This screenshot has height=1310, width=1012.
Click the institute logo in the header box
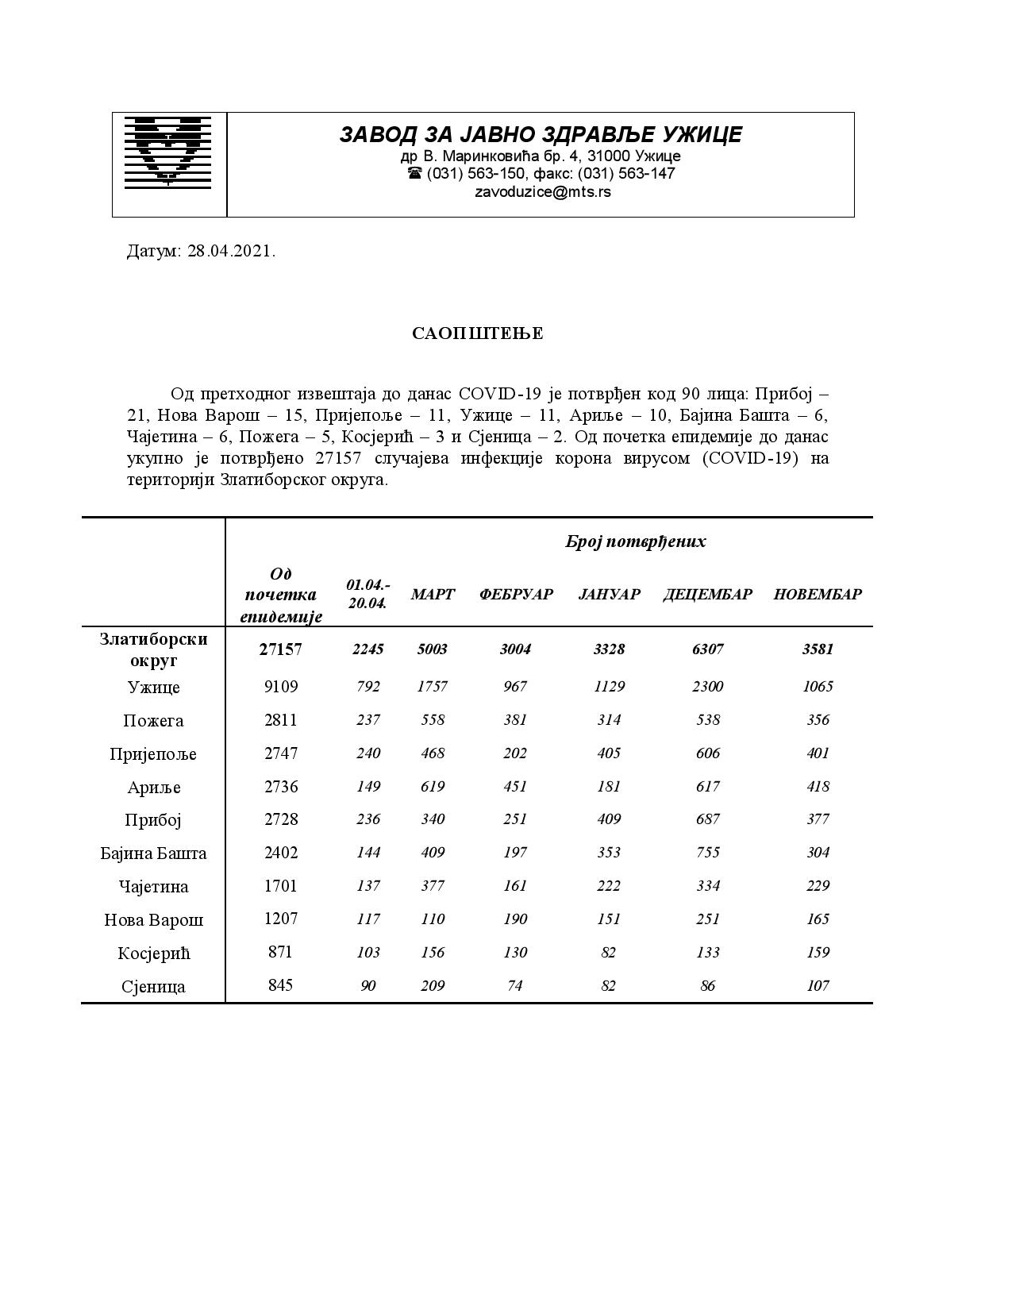169,152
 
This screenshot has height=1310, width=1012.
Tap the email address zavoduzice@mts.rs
542,191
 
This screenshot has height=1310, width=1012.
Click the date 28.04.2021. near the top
231,252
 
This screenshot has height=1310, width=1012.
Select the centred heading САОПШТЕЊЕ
478,333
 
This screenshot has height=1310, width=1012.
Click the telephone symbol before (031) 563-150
414,174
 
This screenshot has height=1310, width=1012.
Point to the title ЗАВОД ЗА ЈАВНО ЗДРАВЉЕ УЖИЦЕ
541,134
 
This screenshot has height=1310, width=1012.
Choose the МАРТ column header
433,595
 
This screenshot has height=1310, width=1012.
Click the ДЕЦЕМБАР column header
707,595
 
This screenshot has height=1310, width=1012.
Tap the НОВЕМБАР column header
818,595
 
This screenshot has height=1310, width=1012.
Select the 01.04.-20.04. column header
368,594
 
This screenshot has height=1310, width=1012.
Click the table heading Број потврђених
635,541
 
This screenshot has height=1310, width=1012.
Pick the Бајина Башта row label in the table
154,853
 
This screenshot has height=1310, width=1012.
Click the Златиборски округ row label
154,649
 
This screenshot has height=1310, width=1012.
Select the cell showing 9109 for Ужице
281,687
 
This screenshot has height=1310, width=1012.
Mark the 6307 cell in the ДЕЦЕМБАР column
707,649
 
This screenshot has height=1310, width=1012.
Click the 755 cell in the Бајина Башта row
707,853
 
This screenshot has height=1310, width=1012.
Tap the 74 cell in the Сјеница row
515,986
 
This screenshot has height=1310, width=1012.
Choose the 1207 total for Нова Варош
281,919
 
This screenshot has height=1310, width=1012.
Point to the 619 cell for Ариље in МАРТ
433,787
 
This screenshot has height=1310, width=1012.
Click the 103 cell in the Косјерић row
368,953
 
